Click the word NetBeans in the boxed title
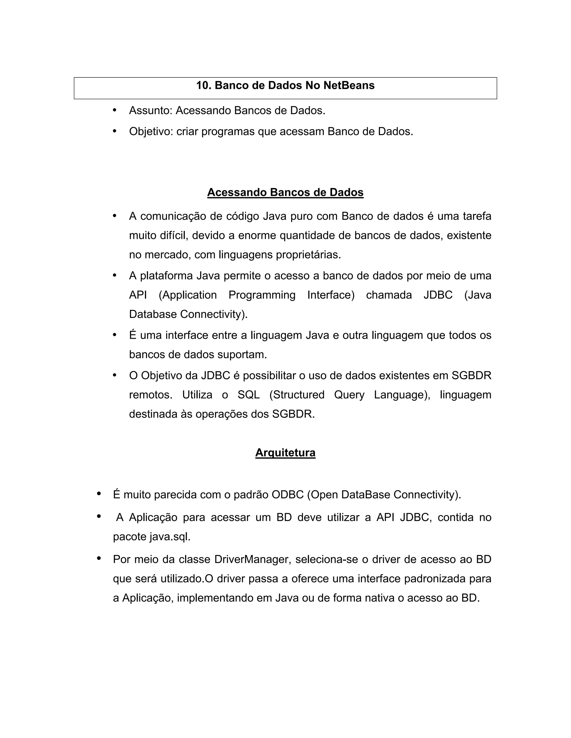pos(349,85)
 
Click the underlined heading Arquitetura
pos(285,453)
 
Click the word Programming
pos(262,295)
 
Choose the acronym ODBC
pos(287,494)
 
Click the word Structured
pos(297,395)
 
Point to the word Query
pos(349,395)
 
